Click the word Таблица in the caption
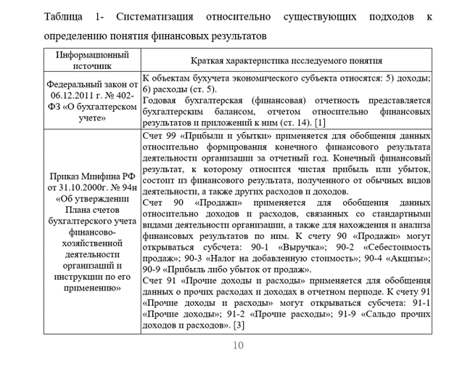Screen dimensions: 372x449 click(x=63, y=15)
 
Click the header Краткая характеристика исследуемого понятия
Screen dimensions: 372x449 click(x=287, y=61)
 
